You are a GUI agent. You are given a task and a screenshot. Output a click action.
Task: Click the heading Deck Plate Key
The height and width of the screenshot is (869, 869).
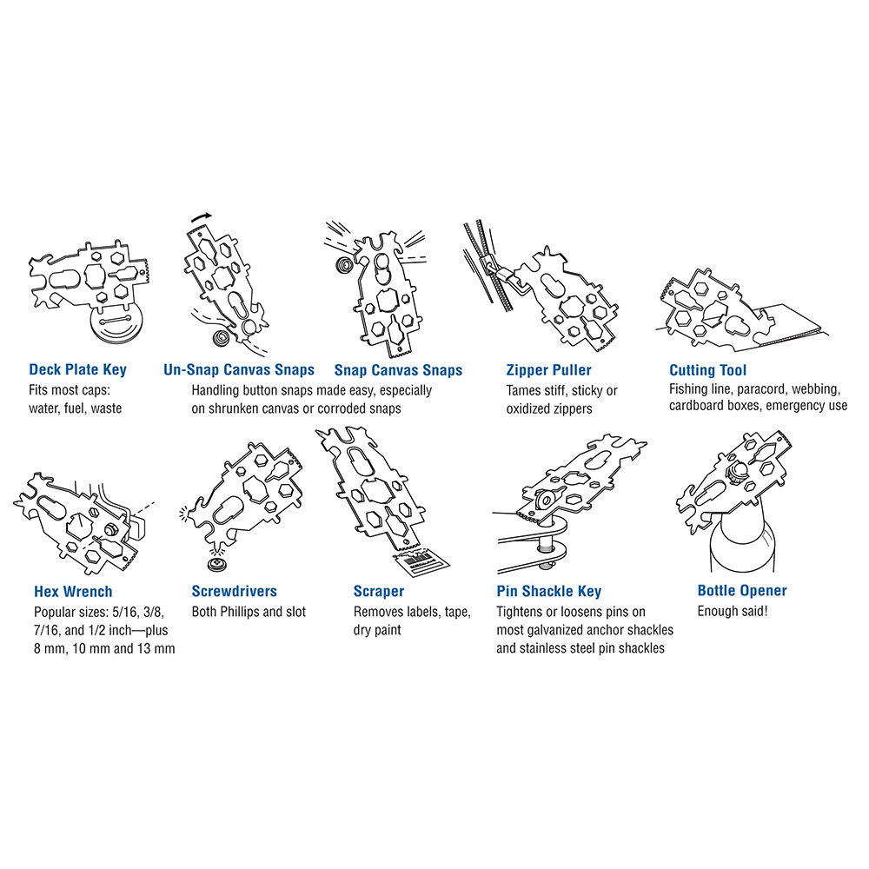click(77, 369)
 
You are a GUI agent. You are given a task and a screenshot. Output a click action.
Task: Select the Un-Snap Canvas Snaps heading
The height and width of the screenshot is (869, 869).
click(239, 369)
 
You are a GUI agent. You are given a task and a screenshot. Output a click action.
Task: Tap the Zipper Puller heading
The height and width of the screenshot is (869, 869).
click(548, 370)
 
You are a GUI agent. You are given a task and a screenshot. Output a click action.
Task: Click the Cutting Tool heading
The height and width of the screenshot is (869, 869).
click(707, 370)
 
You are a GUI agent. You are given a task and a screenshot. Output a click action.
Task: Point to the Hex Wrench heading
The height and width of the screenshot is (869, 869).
click(73, 591)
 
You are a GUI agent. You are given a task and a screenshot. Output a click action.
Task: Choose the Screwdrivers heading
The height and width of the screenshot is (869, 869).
click(235, 591)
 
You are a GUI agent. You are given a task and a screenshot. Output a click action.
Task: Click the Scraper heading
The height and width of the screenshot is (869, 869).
click(379, 591)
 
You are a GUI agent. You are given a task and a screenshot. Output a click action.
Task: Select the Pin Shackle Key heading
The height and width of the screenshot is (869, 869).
click(548, 591)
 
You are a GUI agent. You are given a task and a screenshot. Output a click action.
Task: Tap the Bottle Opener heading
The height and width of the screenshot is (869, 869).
click(742, 591)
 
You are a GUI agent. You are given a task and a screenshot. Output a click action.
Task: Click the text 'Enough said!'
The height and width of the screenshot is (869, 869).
click(733, 611)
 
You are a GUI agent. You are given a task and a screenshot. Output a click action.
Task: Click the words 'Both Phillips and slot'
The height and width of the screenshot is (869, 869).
click(249, 612)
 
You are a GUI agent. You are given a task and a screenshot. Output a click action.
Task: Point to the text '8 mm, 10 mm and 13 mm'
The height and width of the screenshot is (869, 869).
click(104, 648)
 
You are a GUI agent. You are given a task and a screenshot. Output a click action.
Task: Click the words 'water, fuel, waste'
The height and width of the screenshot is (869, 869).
click(76, 408)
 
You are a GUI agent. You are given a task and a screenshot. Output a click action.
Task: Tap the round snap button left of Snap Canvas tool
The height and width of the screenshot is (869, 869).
click(343, 264)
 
